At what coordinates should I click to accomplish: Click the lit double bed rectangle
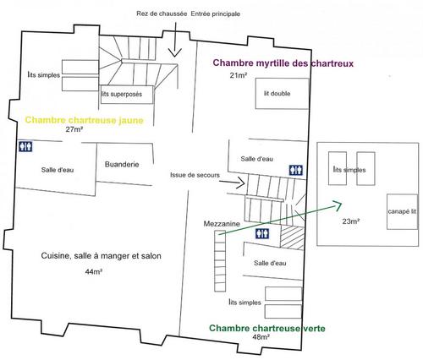[x=282, y=94]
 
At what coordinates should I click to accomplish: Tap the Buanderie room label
[x=122, y=164]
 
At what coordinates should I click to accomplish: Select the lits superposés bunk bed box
[x=127, y=95]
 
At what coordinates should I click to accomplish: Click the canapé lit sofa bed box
[x=402, y=211]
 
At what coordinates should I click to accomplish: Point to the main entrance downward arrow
[x=175, y=40]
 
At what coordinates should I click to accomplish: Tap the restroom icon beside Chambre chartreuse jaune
[x=25, y=146]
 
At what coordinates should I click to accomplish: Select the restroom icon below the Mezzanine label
[x=262, y=233]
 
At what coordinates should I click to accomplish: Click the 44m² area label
[x=94, y=271]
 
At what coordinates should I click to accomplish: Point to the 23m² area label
[x=351, y=221]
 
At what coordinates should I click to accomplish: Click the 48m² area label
[x=261, y=336]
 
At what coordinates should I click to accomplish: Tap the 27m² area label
[x=74, y=129]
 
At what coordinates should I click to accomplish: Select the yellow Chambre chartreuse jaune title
[x=85, y=120]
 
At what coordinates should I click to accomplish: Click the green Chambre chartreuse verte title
[x=267, y=328]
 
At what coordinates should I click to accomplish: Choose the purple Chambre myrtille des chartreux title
[x=283, y=63]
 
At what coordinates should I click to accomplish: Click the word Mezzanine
[x=222, y=224]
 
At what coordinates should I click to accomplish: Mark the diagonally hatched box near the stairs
[x=292, y=237]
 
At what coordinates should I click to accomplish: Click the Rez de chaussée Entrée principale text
[x=188, y=14]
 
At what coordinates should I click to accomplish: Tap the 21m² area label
[x=239, y=75]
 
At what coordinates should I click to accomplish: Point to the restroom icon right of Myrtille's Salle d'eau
[x=296, y=170]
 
